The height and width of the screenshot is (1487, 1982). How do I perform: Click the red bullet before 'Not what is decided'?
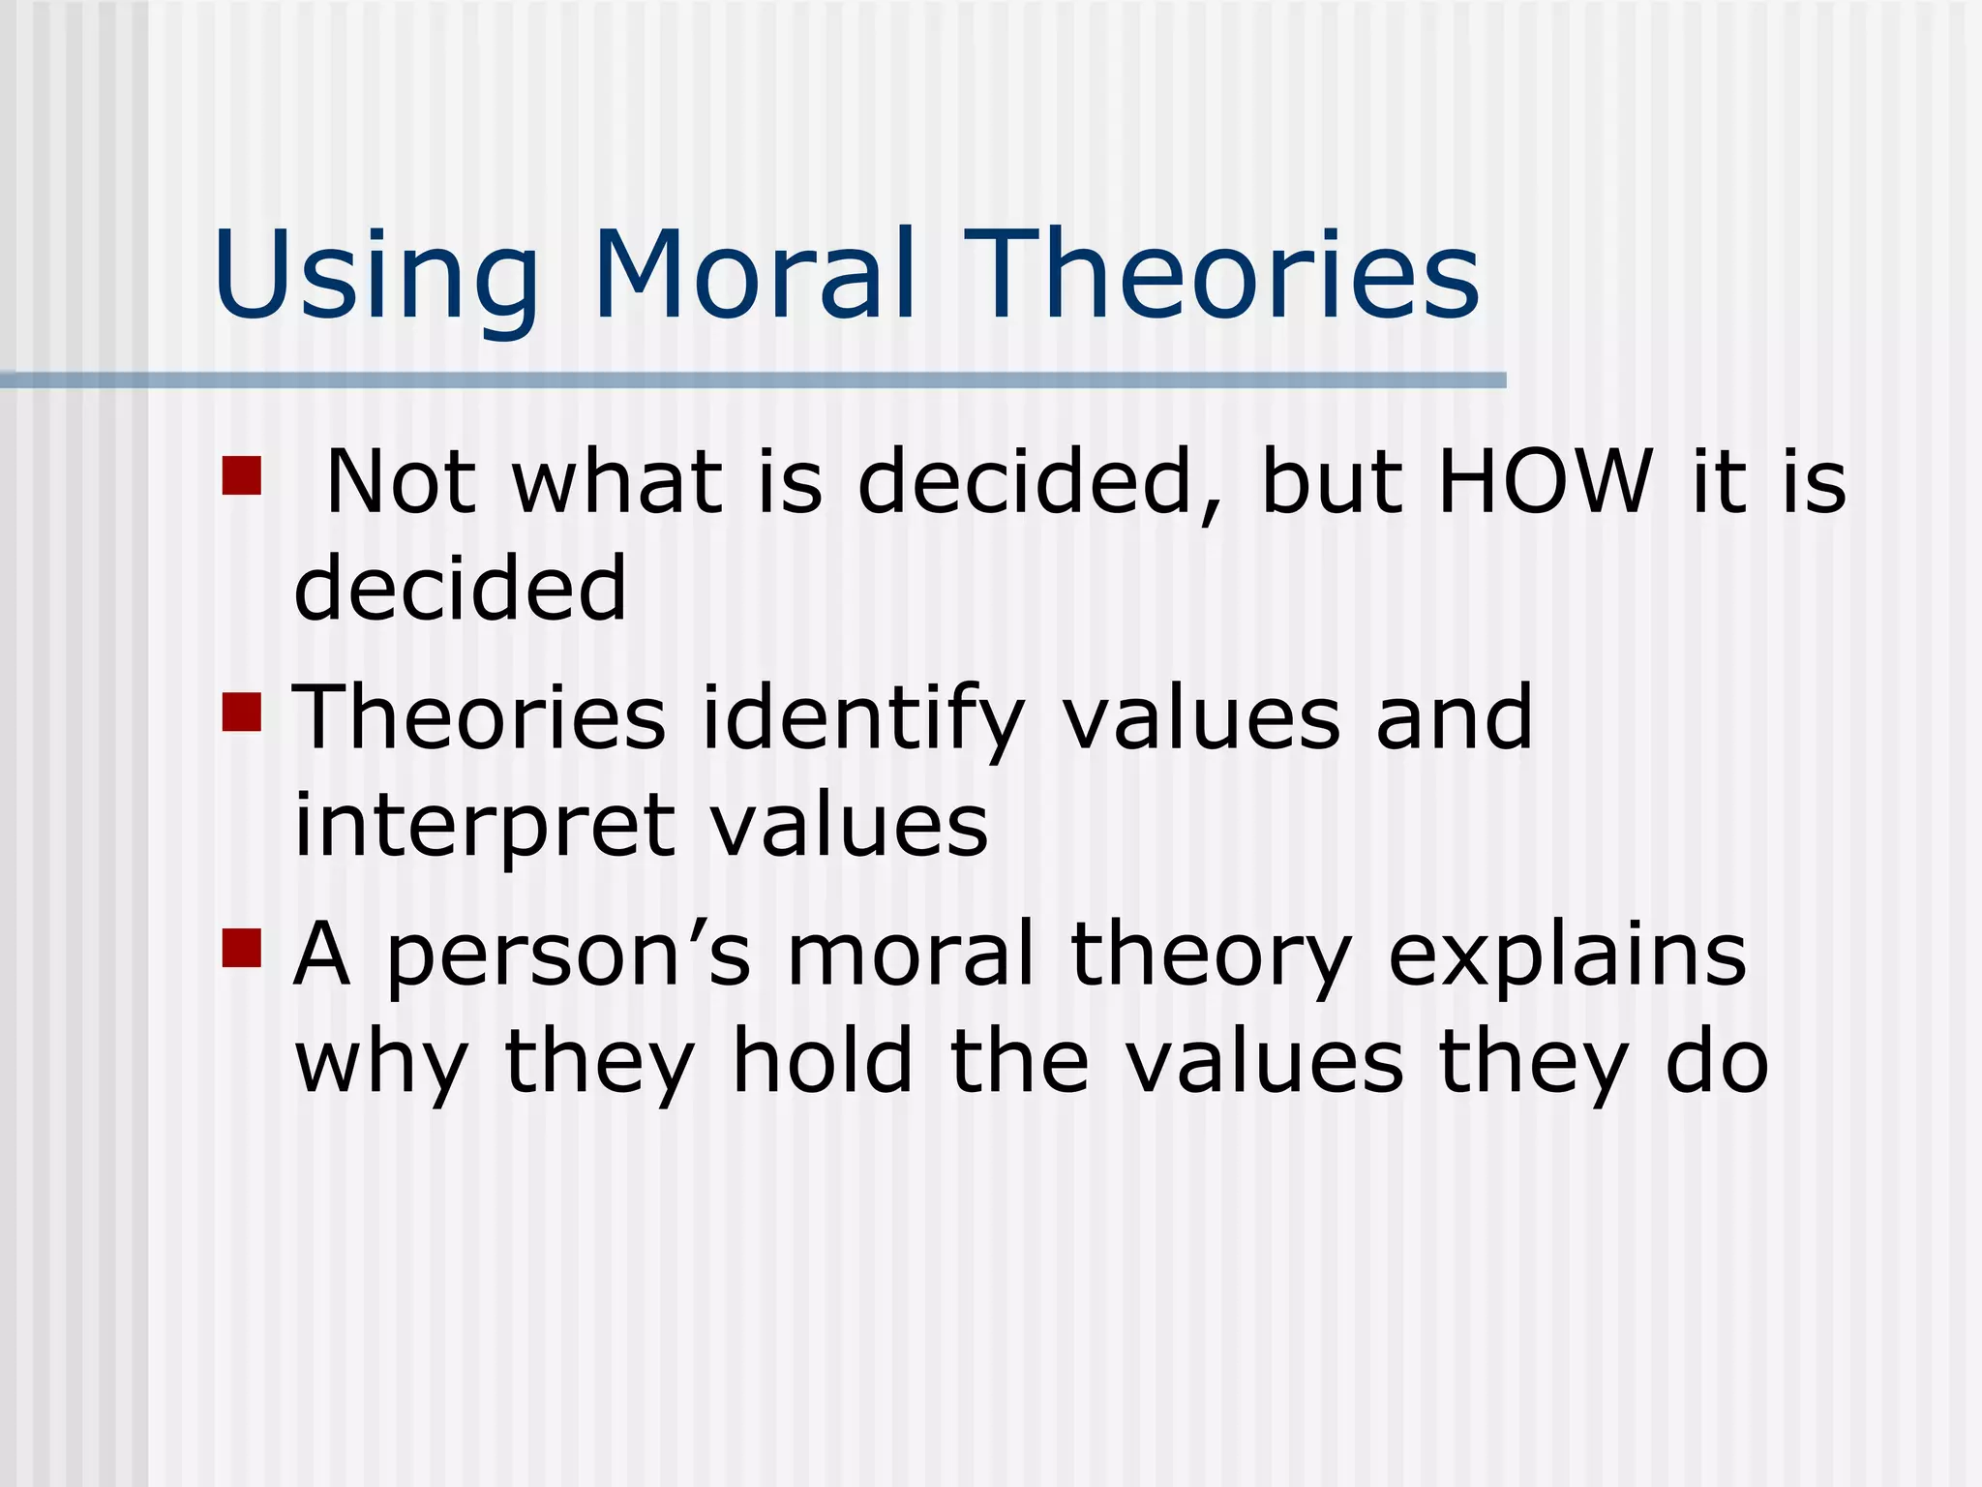coord(242,475)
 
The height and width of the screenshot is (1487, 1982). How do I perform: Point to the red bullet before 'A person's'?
coord(242,949)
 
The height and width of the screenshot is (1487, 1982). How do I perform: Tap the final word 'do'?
coord(1717,1062)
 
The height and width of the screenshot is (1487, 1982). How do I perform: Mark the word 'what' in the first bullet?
coord(617,481)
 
